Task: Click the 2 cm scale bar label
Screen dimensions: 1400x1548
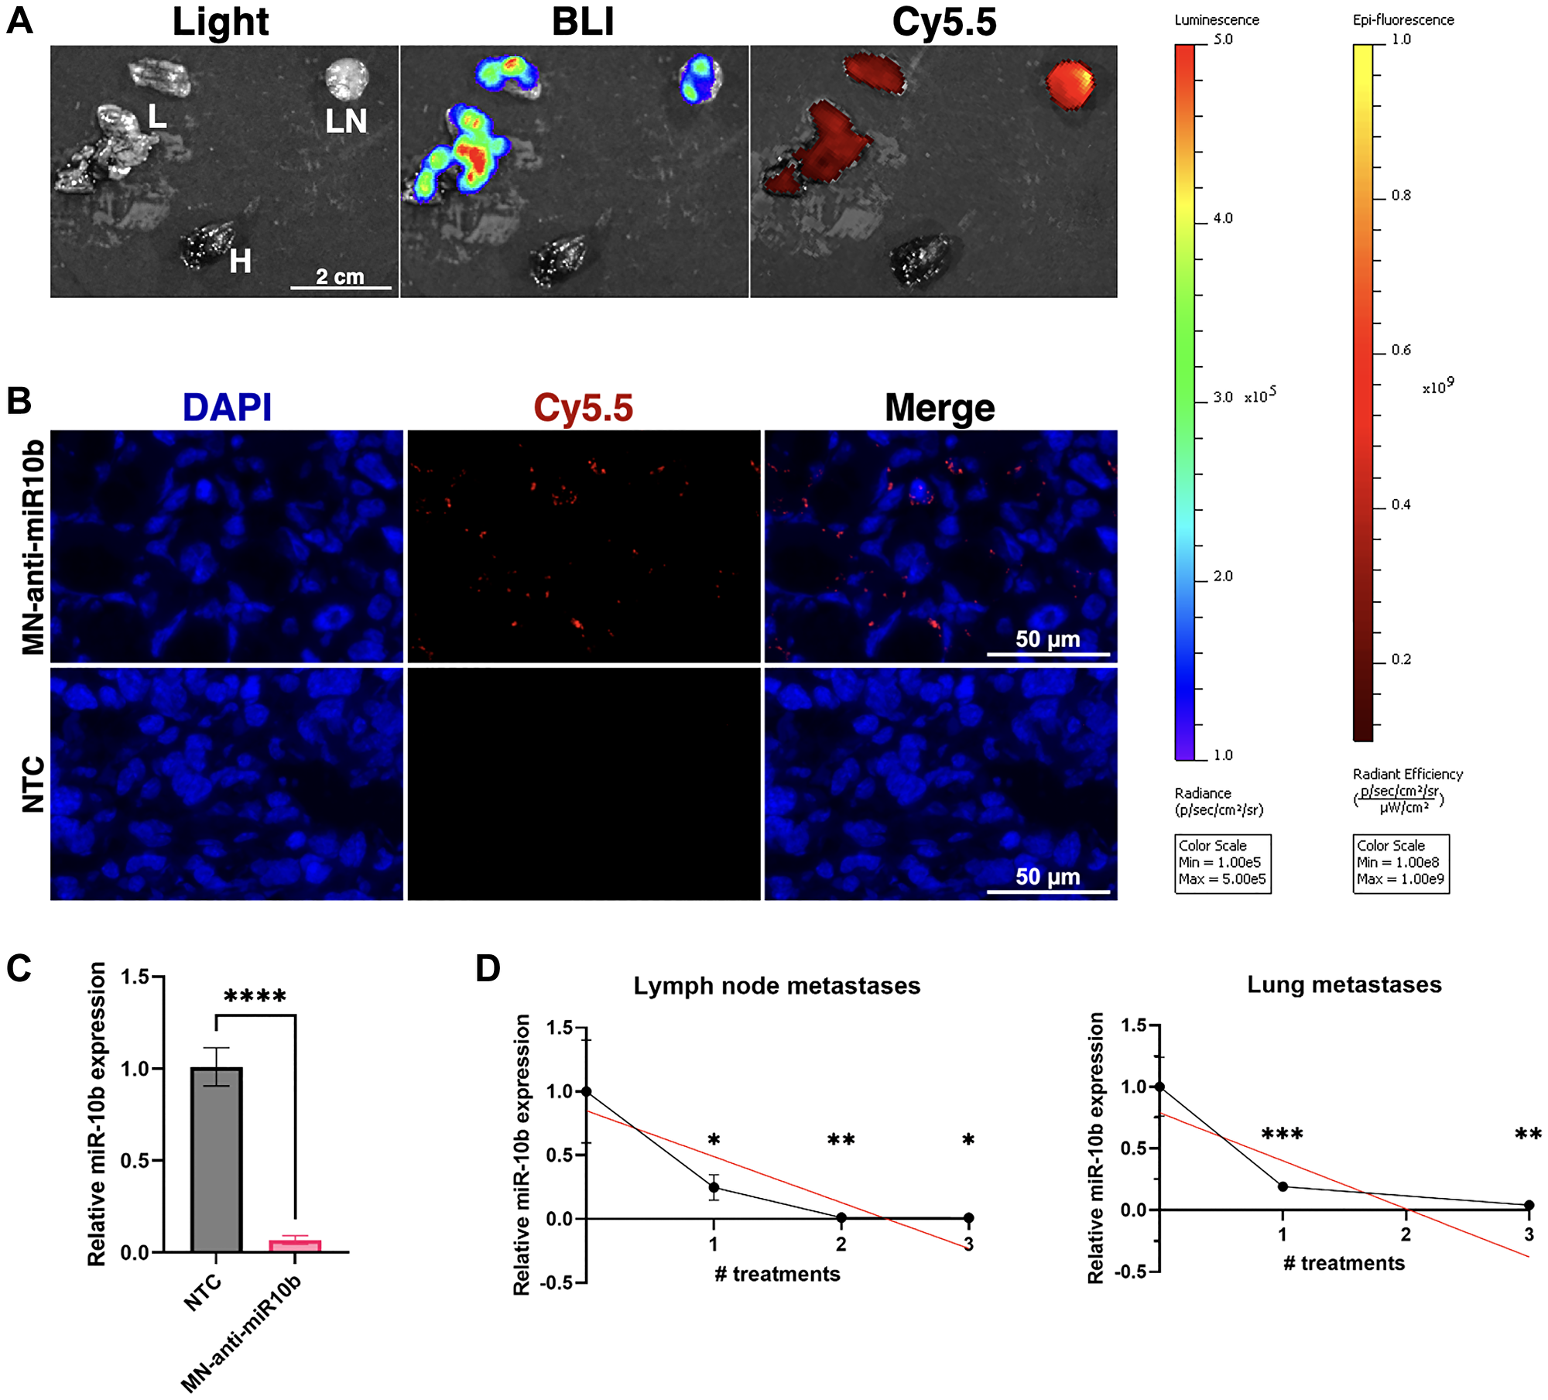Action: click(340, 276)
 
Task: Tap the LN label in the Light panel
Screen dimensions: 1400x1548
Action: click(346, 122)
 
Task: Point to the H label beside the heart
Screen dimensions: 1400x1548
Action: click(240, 262)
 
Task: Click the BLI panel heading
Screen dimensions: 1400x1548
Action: click(583, 22)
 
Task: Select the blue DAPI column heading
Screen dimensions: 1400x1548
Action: click(227, 408)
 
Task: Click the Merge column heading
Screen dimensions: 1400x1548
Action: click(940, 408)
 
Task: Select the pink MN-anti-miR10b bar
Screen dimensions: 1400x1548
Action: click(295, 1245)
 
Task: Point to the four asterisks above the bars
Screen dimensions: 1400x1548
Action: click(255, 997)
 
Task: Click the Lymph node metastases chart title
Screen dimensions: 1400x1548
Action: click(776, 986)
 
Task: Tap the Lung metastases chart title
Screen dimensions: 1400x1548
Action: click(1344, 984)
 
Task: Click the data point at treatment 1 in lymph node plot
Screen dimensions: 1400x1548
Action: click(714, 1187)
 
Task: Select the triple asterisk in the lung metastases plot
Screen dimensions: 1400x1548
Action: click(1282, 1135)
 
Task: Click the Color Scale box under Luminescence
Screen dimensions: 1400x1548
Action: click(1222, 863)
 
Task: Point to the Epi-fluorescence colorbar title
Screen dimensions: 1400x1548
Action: click(1402, 20)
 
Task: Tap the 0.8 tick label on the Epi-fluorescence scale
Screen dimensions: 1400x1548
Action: click(1401, 196)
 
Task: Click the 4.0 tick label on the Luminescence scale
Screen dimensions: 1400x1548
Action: click(1223, 219)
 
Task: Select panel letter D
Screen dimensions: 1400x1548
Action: click(488, 969)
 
